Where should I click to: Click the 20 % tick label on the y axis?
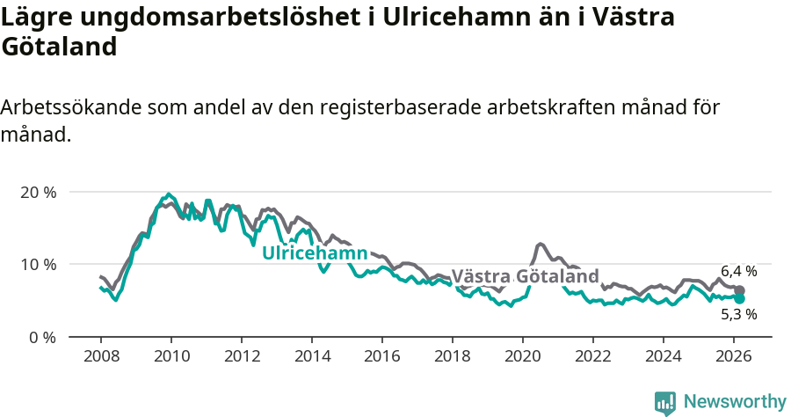click(38, 192)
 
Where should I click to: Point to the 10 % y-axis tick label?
click(38, 264)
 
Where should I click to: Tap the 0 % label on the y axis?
click(42, 337)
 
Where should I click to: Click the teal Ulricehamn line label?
click(315, 253)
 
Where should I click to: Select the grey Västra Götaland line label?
click(525, 275)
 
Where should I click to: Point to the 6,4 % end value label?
click(738, 271)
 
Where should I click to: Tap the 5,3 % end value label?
click(738, 313)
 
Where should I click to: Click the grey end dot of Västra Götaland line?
click(740, 290)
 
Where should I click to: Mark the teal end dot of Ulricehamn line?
click(740, 299)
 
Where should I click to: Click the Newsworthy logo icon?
click(665, 402)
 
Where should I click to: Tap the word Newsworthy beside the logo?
click(734, 402)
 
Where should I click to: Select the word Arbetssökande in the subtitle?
click(70, 107)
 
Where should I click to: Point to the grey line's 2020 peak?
click(540, 244)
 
